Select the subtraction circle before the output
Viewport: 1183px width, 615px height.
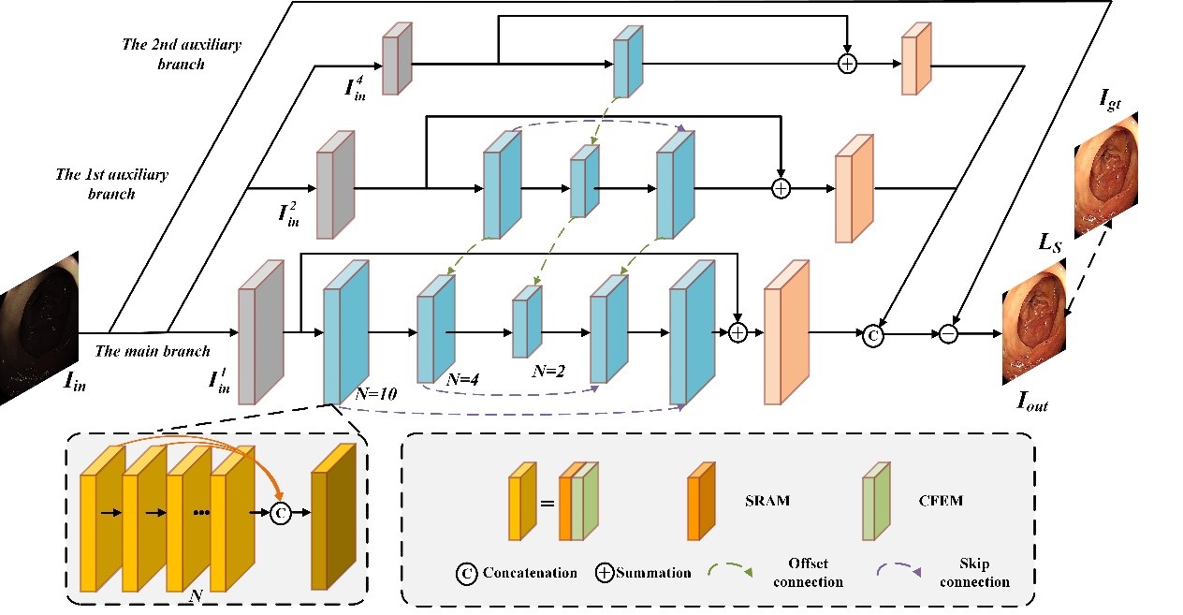point(949,333)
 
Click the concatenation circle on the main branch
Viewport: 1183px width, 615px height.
point(872,333)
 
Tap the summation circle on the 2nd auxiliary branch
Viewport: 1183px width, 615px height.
point(847,64)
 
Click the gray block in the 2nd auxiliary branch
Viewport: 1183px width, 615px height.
point(397,58)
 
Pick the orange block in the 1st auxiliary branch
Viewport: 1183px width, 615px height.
point(853,187)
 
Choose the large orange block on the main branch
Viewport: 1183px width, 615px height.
point(785,333)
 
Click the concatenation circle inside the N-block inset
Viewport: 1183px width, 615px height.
point(280,513)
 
